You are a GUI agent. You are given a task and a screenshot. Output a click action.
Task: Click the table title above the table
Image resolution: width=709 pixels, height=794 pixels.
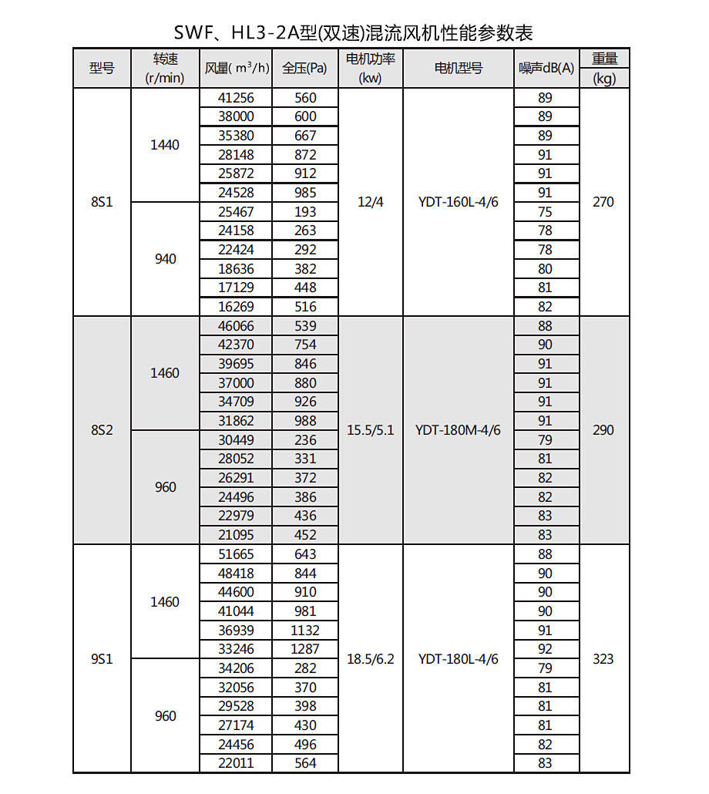354,32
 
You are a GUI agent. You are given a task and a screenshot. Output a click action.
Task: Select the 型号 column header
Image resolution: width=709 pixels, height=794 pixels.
102,68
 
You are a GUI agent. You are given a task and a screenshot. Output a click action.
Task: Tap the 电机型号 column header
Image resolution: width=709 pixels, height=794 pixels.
459,68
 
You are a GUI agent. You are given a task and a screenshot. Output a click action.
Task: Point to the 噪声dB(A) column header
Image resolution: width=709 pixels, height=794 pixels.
546,68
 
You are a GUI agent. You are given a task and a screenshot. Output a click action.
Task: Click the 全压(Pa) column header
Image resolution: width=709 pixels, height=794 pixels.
305,68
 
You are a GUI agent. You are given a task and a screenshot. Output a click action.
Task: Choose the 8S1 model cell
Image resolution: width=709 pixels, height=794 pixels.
102,202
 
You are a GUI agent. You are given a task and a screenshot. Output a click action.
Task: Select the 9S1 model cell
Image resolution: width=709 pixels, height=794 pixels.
102,659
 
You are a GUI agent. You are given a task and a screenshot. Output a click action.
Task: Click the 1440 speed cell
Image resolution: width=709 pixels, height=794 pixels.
165,145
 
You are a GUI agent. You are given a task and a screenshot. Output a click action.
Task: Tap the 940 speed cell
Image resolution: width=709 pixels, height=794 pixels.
165,259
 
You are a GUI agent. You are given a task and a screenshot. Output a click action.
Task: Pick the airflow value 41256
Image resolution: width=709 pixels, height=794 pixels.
236,98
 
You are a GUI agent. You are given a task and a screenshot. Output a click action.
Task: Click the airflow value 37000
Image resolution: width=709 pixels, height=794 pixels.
236,382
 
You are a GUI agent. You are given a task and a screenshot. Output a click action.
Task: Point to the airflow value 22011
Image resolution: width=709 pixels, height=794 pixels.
236,763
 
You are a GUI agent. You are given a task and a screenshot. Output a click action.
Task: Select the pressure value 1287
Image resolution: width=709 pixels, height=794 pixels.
305,649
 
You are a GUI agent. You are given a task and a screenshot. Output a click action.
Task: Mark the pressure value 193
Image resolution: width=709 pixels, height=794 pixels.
305,211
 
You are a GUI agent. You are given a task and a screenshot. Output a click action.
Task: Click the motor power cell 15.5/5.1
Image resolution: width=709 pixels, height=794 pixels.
371,430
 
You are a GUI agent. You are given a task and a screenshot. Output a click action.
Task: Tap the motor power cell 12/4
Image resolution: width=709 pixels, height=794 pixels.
371,202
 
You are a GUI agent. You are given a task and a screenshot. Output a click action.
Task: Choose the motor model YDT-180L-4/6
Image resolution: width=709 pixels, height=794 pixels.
459,659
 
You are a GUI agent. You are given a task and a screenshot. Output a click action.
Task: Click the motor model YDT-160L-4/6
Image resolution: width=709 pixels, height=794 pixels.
459,202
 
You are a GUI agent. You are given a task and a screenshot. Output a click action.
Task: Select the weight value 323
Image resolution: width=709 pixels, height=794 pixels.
603,659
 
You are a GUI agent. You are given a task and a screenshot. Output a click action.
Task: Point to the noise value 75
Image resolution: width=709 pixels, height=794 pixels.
546,211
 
